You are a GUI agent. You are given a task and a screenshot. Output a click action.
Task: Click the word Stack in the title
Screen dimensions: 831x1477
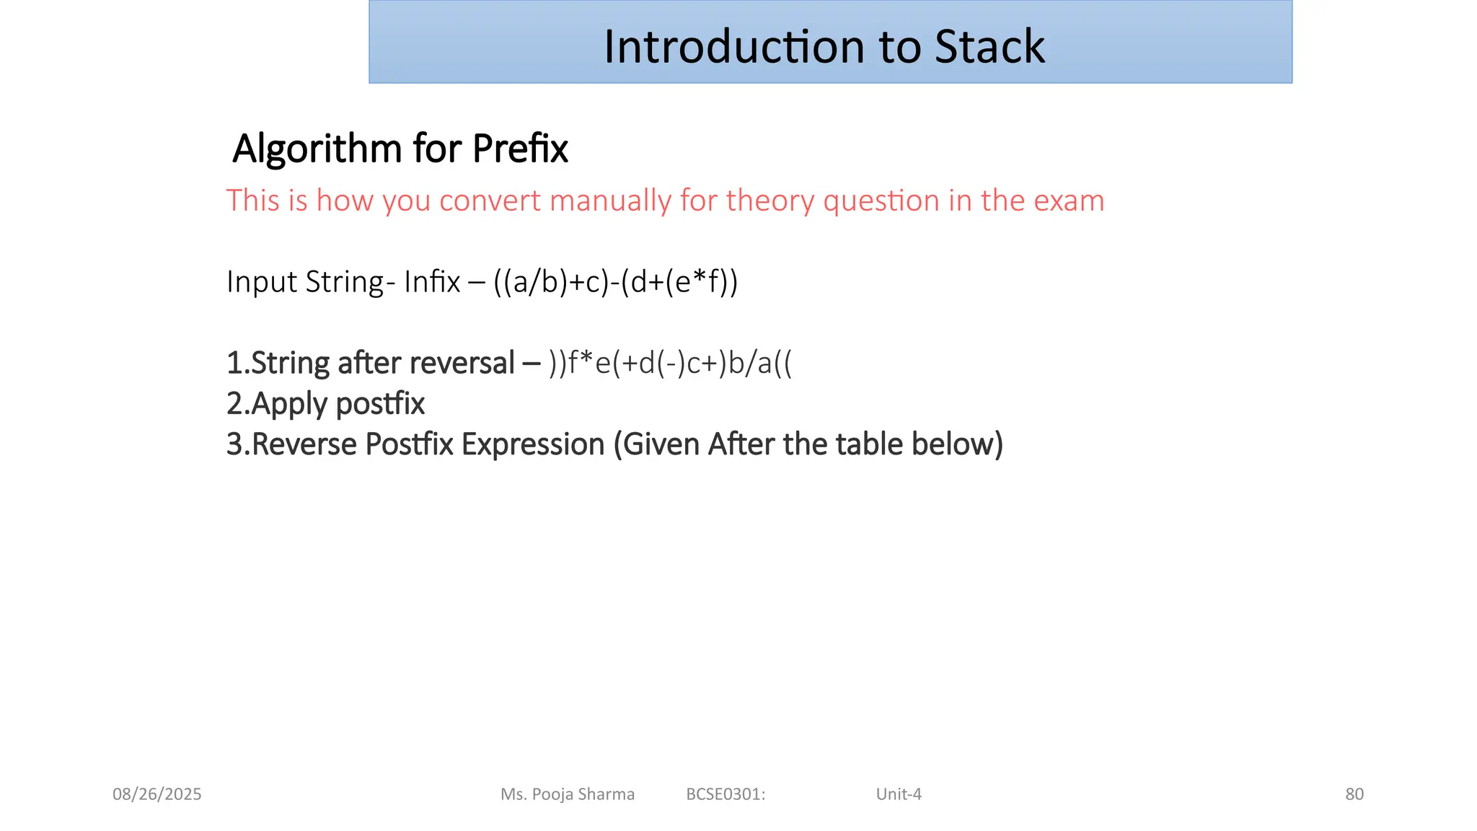point(989,47)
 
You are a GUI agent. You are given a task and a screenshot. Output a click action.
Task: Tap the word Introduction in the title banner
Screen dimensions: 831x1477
point(734,47)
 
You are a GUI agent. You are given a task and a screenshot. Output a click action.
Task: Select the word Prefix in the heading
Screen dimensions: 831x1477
point(520,149)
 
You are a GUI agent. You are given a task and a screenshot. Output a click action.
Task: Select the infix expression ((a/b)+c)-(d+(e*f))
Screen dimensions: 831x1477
point(616,282)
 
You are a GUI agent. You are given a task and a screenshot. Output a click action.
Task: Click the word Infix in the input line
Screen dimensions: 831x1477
point(432,281)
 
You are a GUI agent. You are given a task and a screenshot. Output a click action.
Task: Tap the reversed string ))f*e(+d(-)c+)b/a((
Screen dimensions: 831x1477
point(670,363)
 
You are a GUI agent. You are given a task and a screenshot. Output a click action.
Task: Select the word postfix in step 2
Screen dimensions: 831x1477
point(380,404)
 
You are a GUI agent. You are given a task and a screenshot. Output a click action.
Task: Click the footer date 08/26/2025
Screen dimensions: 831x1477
point(157,794)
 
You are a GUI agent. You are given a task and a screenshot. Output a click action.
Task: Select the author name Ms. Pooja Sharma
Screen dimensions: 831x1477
point(568,794)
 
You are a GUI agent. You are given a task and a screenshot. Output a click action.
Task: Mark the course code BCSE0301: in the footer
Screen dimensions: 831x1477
point(726,794)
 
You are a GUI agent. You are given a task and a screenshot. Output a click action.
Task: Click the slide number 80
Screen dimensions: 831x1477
point(1354,794)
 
